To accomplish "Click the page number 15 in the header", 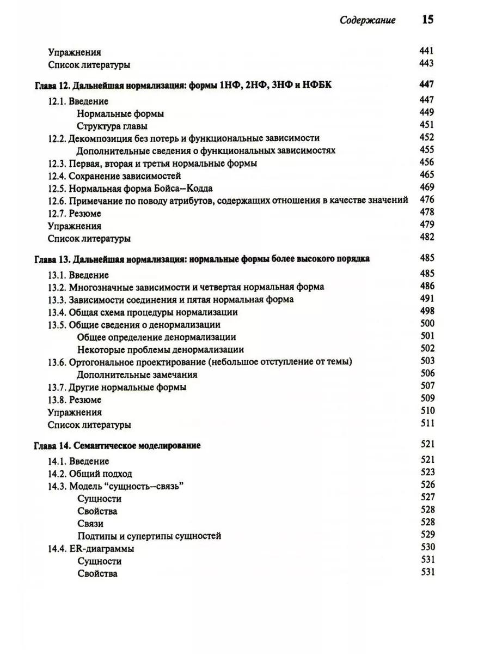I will coord(427,20).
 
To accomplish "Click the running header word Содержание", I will coord(367,21).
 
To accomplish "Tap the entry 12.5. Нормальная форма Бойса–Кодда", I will coord(130,189).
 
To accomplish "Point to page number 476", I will coord(427,200).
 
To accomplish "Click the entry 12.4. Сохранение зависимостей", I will coord(114,176).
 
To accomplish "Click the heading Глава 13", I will coord(202,259).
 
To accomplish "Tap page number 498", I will coord(427,311).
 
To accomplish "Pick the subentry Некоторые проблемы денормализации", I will coord(160,350).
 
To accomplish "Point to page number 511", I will coord(427,423).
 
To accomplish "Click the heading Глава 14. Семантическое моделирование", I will coord(118,446).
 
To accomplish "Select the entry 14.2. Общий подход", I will coord(90,474).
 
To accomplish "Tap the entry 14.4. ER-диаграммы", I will coord(91,549).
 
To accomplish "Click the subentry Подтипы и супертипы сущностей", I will coord(149,536).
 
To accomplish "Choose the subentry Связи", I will coord(90,523).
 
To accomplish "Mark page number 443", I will coord(427,64).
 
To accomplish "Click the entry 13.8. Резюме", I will coord(75,400).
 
